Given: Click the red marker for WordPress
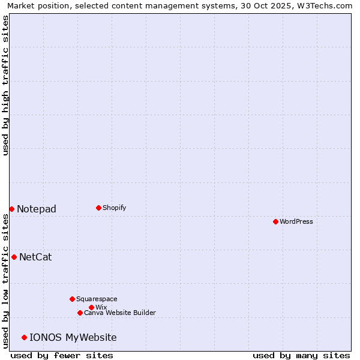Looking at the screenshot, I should pyautogui.click(x=275, y=221).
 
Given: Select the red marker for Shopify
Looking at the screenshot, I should pyautogui.click(x=98, y=208).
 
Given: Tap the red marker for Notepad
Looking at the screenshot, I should pyautogui.click(x=11, y=209).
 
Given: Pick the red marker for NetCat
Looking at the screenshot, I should pyautogui.click(x=14, y=257).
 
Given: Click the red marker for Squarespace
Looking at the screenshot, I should pyautogui.click(x=72, y=299).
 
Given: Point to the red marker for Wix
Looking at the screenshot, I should pyautogui.click(x=91, y=307).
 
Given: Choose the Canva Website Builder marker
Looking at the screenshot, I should pyautogui.click(x=80, y=313).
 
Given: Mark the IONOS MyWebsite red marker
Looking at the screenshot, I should pyautogui.click(x=24, y=337).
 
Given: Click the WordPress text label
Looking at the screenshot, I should pyautogui.click(x=296, y=221).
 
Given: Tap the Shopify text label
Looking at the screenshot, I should pyautogui.click(x=115, y=208).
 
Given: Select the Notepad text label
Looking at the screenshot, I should pyautogui.click(x=37, y=209).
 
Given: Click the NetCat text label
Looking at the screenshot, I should pyautogui.click(x=35, y=257).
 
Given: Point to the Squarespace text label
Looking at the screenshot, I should pyautogui.click(x=97, y=299).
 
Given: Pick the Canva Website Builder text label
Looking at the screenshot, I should pyautogui.click(x=120, y=313).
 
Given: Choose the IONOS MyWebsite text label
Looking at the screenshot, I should pyautogui.click(x=73, y=337).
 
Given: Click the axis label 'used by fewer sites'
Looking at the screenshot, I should pyautogui.click(x=62, y=355).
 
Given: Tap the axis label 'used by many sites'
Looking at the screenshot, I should pyautogui.click(x=301, y=355).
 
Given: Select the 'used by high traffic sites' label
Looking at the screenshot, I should pyautogui.click(x=5, y=85).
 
